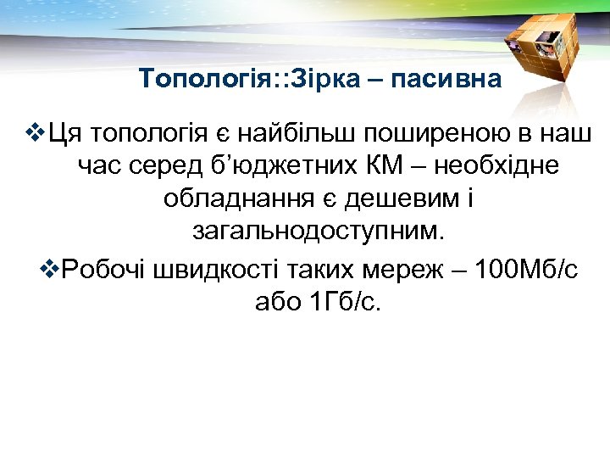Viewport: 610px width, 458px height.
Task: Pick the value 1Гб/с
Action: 344,302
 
